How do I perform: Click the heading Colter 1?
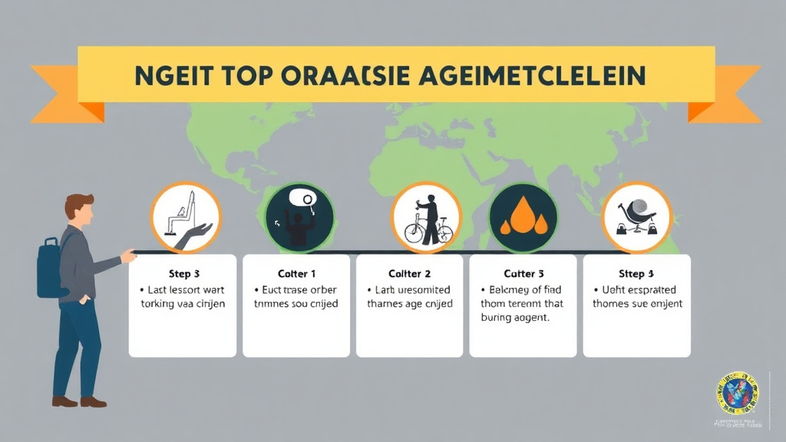click(x=296, y=274)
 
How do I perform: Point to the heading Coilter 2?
click(x=409, y=274)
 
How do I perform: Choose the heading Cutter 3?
click(x=523, y=274)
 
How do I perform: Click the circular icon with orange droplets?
click(x=523, y=217)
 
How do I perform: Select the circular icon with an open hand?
click(x=185, y=217)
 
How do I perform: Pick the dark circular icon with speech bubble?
click(x=299, y=217)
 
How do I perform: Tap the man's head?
click(x=80, y=209)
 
